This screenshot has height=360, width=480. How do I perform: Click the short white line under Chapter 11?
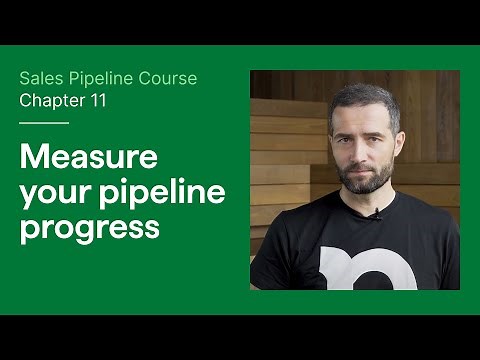[44, 123]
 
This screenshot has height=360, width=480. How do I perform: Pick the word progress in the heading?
[90, 226]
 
